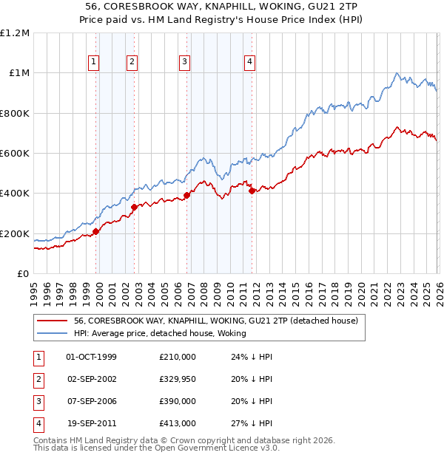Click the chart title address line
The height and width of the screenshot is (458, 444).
(x=221, y=7)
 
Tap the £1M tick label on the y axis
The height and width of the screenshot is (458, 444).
(x=17, y=73)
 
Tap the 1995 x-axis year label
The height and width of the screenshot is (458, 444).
(x=34, y=290)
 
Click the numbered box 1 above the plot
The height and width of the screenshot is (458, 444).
(x=95, y=63)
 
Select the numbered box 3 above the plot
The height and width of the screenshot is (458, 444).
(x=184, y=63)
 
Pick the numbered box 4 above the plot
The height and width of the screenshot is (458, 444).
(x=250, y=63)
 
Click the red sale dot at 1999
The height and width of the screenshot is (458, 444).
(x=96, y=232)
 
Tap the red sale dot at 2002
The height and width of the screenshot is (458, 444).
(x=134, y=208)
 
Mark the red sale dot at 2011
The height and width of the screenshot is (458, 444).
(x=252, y=191)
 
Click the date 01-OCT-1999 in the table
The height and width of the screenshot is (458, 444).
(x=91, y=357)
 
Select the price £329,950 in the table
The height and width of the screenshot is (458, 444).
(x=177, y=379)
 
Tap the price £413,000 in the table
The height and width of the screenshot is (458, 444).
(x=177, y=423)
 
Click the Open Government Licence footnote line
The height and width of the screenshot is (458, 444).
(x=157, y=448)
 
